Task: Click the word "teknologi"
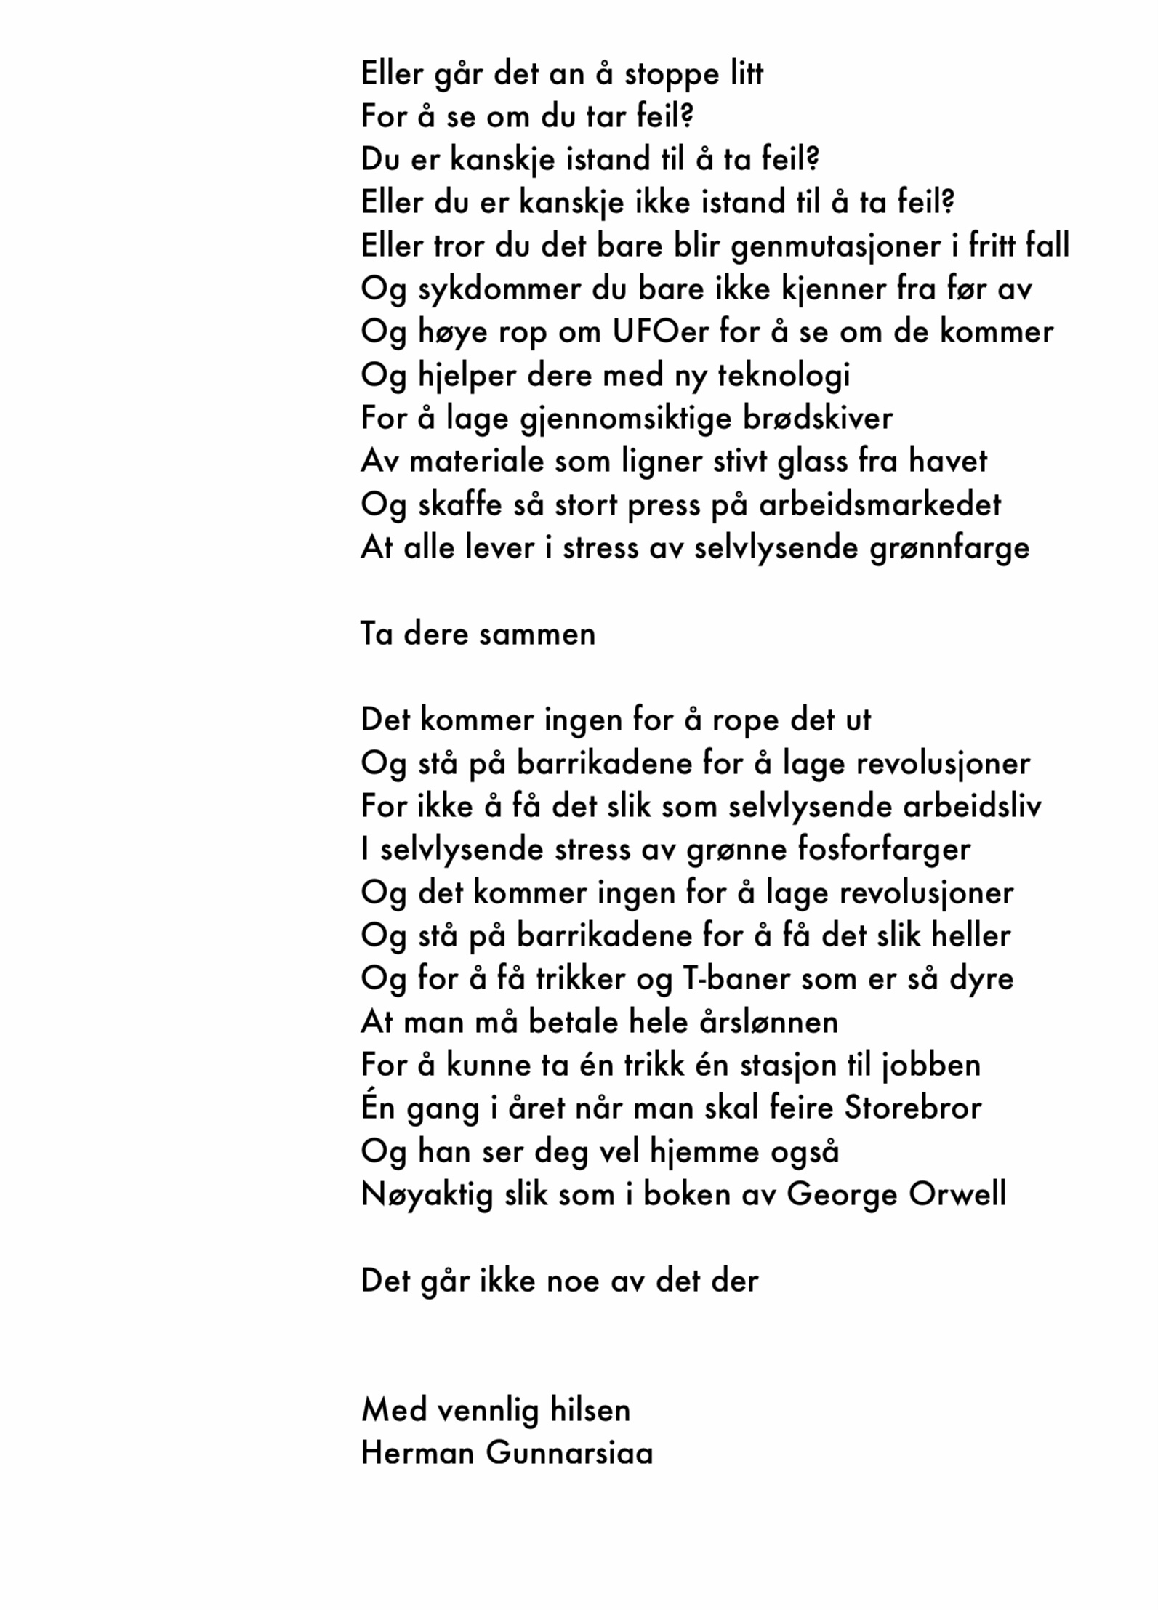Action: click(784, 376)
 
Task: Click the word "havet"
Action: click(948, 462)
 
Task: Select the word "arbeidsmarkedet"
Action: click(880, 505)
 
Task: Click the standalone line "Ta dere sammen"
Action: click(478, 635)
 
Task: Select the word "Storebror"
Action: click(912, 1108)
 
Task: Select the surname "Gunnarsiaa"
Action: click(569, 1453)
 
